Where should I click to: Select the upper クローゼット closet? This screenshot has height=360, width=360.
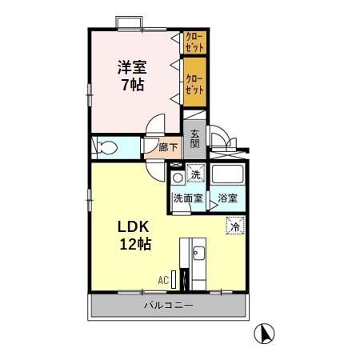click(194, 42)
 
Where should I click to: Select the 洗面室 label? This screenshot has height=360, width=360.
click(187, 198)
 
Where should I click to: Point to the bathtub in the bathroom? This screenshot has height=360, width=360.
click(227, 175)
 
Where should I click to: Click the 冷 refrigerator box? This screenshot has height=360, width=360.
click(234, 226)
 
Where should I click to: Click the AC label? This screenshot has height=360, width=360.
click(162, 281)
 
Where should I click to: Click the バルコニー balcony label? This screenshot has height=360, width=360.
click(169, 306)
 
